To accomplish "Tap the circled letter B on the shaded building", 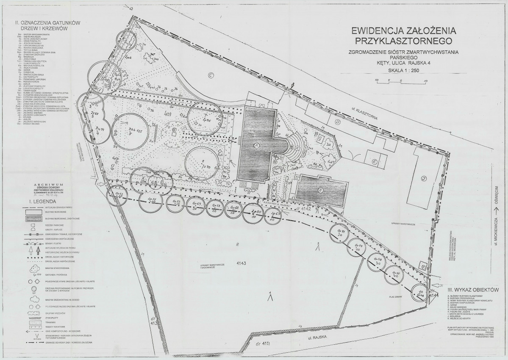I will point(321,190).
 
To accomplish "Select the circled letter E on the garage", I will point(375,161).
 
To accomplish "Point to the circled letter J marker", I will point(423,178).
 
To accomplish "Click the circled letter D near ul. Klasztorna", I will point(338,122).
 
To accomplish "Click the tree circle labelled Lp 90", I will point(255,211).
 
